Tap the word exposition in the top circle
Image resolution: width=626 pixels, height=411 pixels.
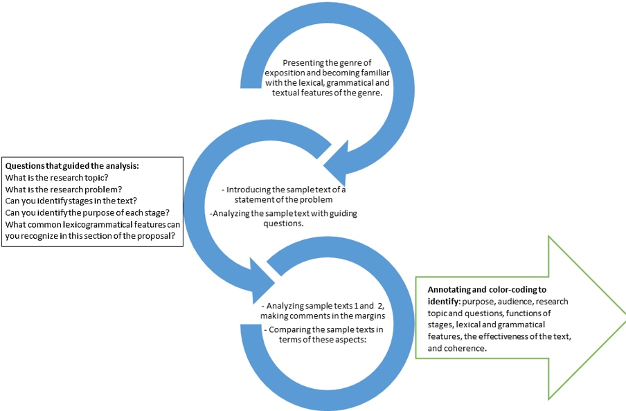point(285,73)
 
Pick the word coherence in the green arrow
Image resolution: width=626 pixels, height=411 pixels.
point(461,349)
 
